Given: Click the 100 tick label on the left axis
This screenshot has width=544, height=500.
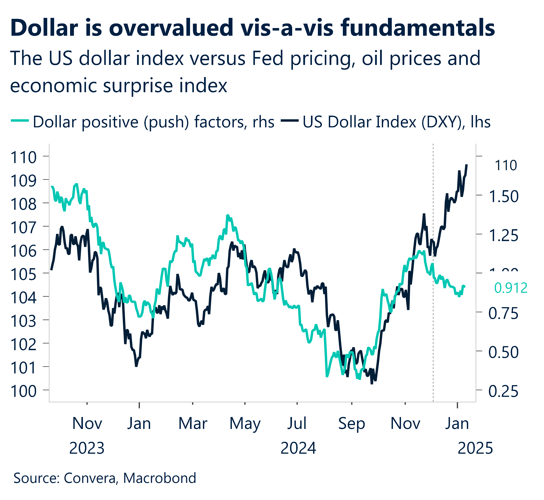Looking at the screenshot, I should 23,391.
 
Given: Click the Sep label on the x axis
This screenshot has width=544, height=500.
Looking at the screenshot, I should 351,424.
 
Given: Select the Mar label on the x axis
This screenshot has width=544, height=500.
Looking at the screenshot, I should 193,424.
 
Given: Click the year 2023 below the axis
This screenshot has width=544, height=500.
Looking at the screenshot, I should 87,448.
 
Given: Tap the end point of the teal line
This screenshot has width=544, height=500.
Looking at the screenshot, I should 465,286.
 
